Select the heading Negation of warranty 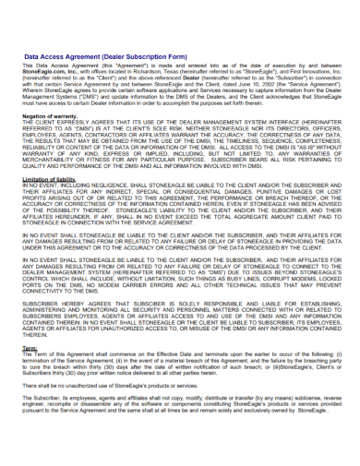point(51,115)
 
